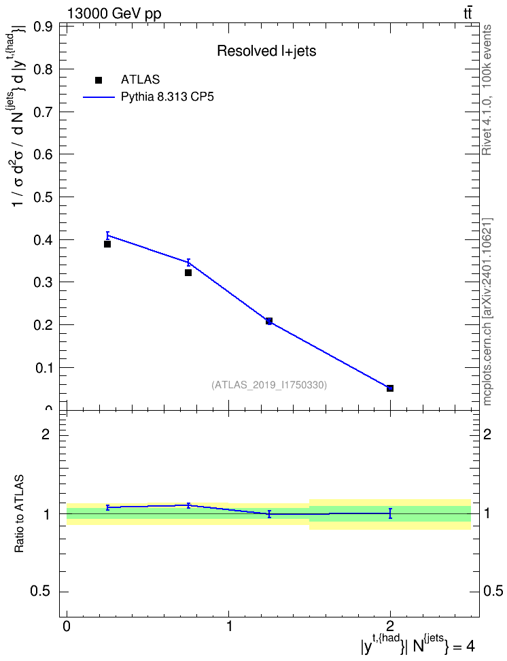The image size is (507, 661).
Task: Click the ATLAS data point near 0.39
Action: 107,244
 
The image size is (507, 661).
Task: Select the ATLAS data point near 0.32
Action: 188,273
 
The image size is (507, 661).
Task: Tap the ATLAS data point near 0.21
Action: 269,321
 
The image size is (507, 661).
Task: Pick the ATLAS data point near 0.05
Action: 390,388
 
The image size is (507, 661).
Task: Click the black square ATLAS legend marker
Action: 99,80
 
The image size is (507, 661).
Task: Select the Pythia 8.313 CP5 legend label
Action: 167,97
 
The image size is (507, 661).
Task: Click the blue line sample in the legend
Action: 99,97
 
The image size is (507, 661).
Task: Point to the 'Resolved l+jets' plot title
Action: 266,51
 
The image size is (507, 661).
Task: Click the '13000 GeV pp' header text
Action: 114,14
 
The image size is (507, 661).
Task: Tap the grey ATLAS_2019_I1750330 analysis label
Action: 269,385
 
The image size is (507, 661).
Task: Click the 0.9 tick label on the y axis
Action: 43,27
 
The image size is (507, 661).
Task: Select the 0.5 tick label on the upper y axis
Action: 43,197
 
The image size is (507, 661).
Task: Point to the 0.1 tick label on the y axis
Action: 43,368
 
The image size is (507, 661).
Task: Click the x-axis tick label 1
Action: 229,626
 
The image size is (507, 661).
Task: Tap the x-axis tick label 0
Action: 67,626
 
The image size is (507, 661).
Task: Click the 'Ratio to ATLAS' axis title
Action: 19,514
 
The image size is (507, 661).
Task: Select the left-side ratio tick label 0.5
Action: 40,592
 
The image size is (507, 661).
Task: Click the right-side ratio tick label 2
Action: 487,434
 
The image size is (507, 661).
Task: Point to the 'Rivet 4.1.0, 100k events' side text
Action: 487,90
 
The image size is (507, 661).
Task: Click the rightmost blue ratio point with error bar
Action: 390,513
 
